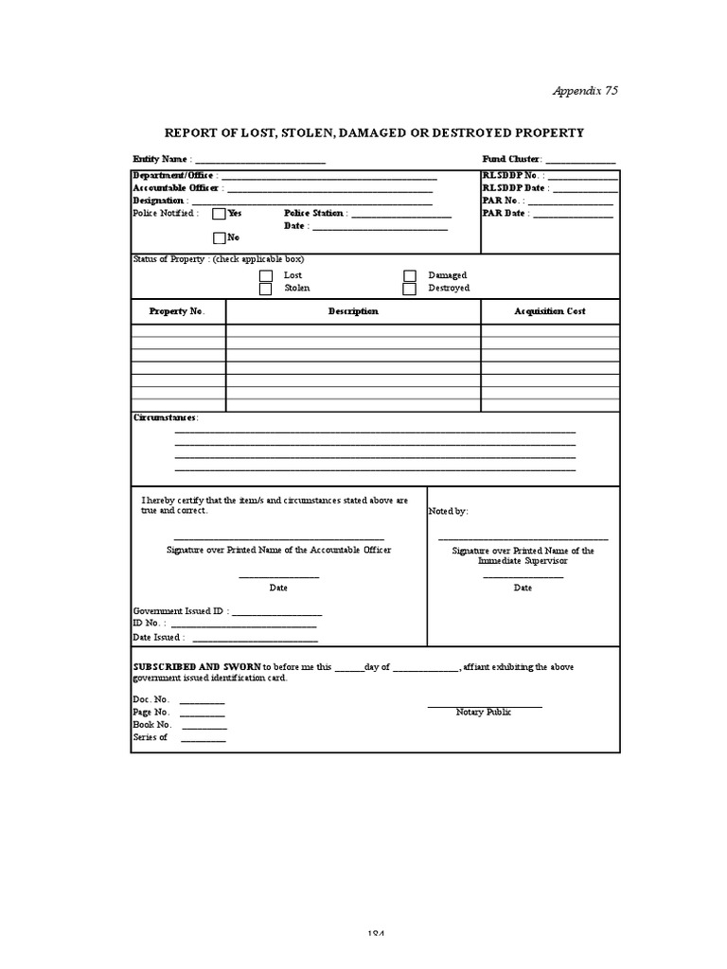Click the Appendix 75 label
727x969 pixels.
[x=585, y=91]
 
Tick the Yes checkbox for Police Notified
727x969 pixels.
[x=219, y=214]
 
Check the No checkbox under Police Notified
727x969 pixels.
[x=219, y=238]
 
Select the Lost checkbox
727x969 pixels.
[x=266, y=275]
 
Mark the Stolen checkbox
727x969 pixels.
[x=266, y=289]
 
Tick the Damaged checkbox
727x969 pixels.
[x=410, y=275]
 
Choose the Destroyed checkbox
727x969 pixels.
[x=410, y=289]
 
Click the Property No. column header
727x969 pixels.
[x=176, y=311]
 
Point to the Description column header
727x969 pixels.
[x=353, y=311]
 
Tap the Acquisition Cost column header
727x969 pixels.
[x=550, y=311]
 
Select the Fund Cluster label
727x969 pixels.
[x=511, y=160]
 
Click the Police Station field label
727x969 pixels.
[x=314, y=214]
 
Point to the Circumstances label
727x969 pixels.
[x=166, y=417]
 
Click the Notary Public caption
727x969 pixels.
[x=483, y=712]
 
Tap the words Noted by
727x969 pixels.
[x=449, y=511]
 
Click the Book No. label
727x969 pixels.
[x=151, y=724]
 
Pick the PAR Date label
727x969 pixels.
[x=504, y=214]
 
